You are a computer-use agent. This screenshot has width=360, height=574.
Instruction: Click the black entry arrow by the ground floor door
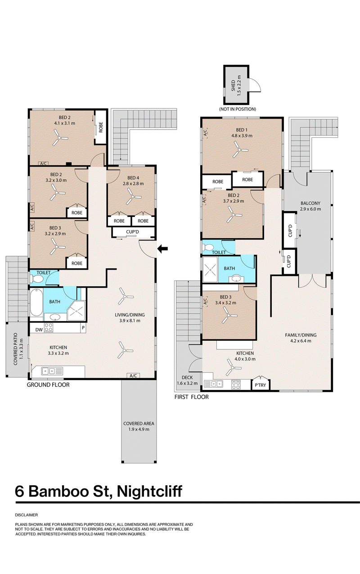coord(162,249)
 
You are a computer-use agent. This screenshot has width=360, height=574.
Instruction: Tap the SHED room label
coord(233,86)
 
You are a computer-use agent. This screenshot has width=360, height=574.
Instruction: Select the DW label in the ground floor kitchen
coord(39,330)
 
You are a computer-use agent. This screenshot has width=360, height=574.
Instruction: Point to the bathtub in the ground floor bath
coord(36,303)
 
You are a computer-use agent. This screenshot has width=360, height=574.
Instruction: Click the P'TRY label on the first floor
coord(261,385)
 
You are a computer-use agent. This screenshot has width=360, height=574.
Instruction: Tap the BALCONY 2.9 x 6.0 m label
coord(310,206)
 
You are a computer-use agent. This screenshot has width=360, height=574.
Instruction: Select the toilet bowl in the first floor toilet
coord(208,248)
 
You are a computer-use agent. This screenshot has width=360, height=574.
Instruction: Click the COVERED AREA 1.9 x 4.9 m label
coord(139,426)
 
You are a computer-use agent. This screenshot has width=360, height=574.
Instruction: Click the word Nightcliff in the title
coord(149,491)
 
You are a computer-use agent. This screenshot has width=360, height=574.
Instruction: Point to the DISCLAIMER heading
coord(27,515)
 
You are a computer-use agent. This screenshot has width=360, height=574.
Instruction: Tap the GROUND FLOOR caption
coord(48,384)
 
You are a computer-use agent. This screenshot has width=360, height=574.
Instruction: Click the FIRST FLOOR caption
coord(192,397)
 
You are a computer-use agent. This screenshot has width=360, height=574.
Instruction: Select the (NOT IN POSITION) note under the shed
coord(238,109)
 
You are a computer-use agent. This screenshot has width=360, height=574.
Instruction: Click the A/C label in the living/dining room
coord(133,375)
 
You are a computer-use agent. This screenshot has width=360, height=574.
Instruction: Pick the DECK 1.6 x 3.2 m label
coord(187,380)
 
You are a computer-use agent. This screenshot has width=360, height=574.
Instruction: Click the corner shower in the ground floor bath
coord(76,311)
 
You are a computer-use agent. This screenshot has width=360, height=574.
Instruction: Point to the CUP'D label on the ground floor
coord(132,232)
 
